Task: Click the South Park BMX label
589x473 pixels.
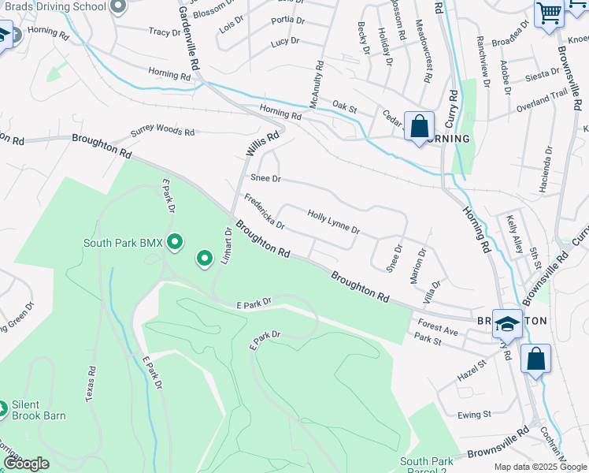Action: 122,243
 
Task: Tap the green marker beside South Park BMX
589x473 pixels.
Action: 175,242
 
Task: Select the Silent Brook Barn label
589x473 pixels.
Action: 38,410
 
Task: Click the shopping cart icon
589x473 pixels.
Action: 549,13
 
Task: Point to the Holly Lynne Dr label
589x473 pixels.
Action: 333,222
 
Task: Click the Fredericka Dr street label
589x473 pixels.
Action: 264,211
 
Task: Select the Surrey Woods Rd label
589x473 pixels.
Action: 162,132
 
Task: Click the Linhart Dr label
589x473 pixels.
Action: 226,247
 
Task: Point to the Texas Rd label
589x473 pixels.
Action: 91,382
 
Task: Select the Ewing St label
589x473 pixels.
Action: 475,414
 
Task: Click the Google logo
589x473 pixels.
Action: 26,464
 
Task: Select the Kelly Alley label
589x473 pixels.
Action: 514,234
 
